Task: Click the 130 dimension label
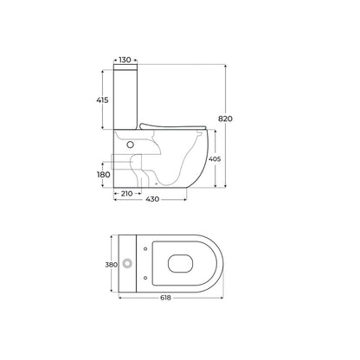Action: pos(125,60)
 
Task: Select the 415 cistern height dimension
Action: pos(102,100)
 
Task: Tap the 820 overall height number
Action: pos(225,119)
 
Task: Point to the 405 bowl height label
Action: pos(215,158)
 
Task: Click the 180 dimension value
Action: pos(104,175)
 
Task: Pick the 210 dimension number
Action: pos(126,194)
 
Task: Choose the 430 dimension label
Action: pos(152,199)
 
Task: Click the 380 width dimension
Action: pos(111,265)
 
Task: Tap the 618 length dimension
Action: pos(166,298)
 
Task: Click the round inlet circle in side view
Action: pos(131,145)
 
